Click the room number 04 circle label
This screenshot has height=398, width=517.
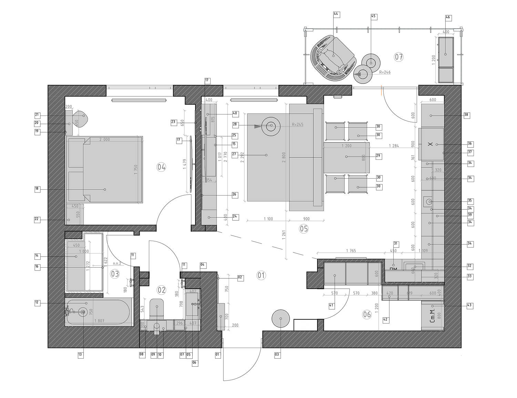tap(161, 167)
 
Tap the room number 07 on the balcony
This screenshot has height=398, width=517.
tap(399, 57)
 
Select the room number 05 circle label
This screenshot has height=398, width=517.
tap(304, 229)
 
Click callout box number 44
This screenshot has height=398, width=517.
tap(336, 14)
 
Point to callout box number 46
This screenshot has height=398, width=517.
tap(448, 18)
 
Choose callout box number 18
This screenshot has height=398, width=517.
tap(37, 189)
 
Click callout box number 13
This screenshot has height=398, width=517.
tap(81, 355)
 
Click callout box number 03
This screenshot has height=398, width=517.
tap(277, 355)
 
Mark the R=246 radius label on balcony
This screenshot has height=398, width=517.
tap(385, 72)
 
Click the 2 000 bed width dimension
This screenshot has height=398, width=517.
tap(104, 139)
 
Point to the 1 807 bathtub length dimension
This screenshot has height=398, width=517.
tap(100, 321)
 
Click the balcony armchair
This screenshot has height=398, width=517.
tap(333, 57)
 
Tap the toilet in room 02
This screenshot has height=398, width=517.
tap(157, 308)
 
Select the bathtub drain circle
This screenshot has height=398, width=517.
tap(83, 312)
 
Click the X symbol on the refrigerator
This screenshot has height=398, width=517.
tap(430, 144)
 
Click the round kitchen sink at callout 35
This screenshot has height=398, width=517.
tap(429, 201)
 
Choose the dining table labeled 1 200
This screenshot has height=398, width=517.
tap(346, 157)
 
